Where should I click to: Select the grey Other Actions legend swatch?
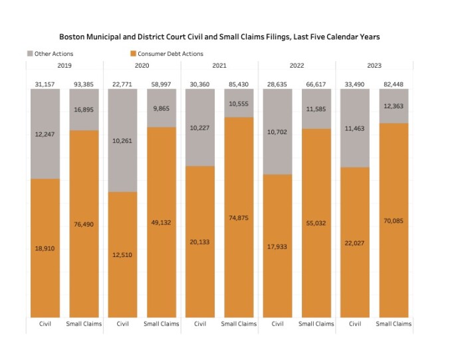[x=31, y=54]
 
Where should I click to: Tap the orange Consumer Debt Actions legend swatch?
[x=133, y=54]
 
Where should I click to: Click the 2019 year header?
[x=64, y=66]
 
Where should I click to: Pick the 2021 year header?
[x=219, y=66]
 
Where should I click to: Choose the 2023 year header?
[x=374, y=66]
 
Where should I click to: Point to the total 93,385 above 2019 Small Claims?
[x=84, y=84]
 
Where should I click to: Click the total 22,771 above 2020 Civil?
[x=122, y=84]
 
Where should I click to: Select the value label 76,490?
[x=84, y=225]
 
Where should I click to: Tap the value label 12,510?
[x=122, y=254]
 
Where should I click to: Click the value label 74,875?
[x=239, y=218]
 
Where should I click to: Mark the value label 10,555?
[x=239, y=104]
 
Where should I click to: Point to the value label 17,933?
[x=277, y=246]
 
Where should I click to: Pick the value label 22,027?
[x=355, y=243]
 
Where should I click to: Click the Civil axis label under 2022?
[x=277, y=324]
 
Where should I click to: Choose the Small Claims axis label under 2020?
[x=161, y=324]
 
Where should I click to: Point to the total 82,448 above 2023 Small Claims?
[x=394, y=84]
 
